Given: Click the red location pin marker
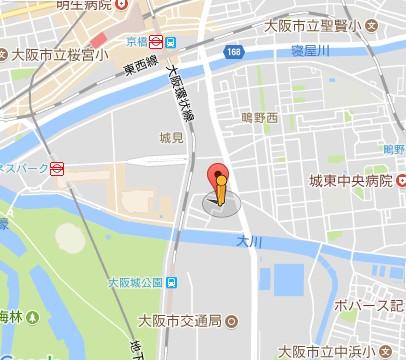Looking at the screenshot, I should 221,184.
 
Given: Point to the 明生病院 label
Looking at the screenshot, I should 82,6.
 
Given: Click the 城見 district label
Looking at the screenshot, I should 171,136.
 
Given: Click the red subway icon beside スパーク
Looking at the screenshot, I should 57,167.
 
